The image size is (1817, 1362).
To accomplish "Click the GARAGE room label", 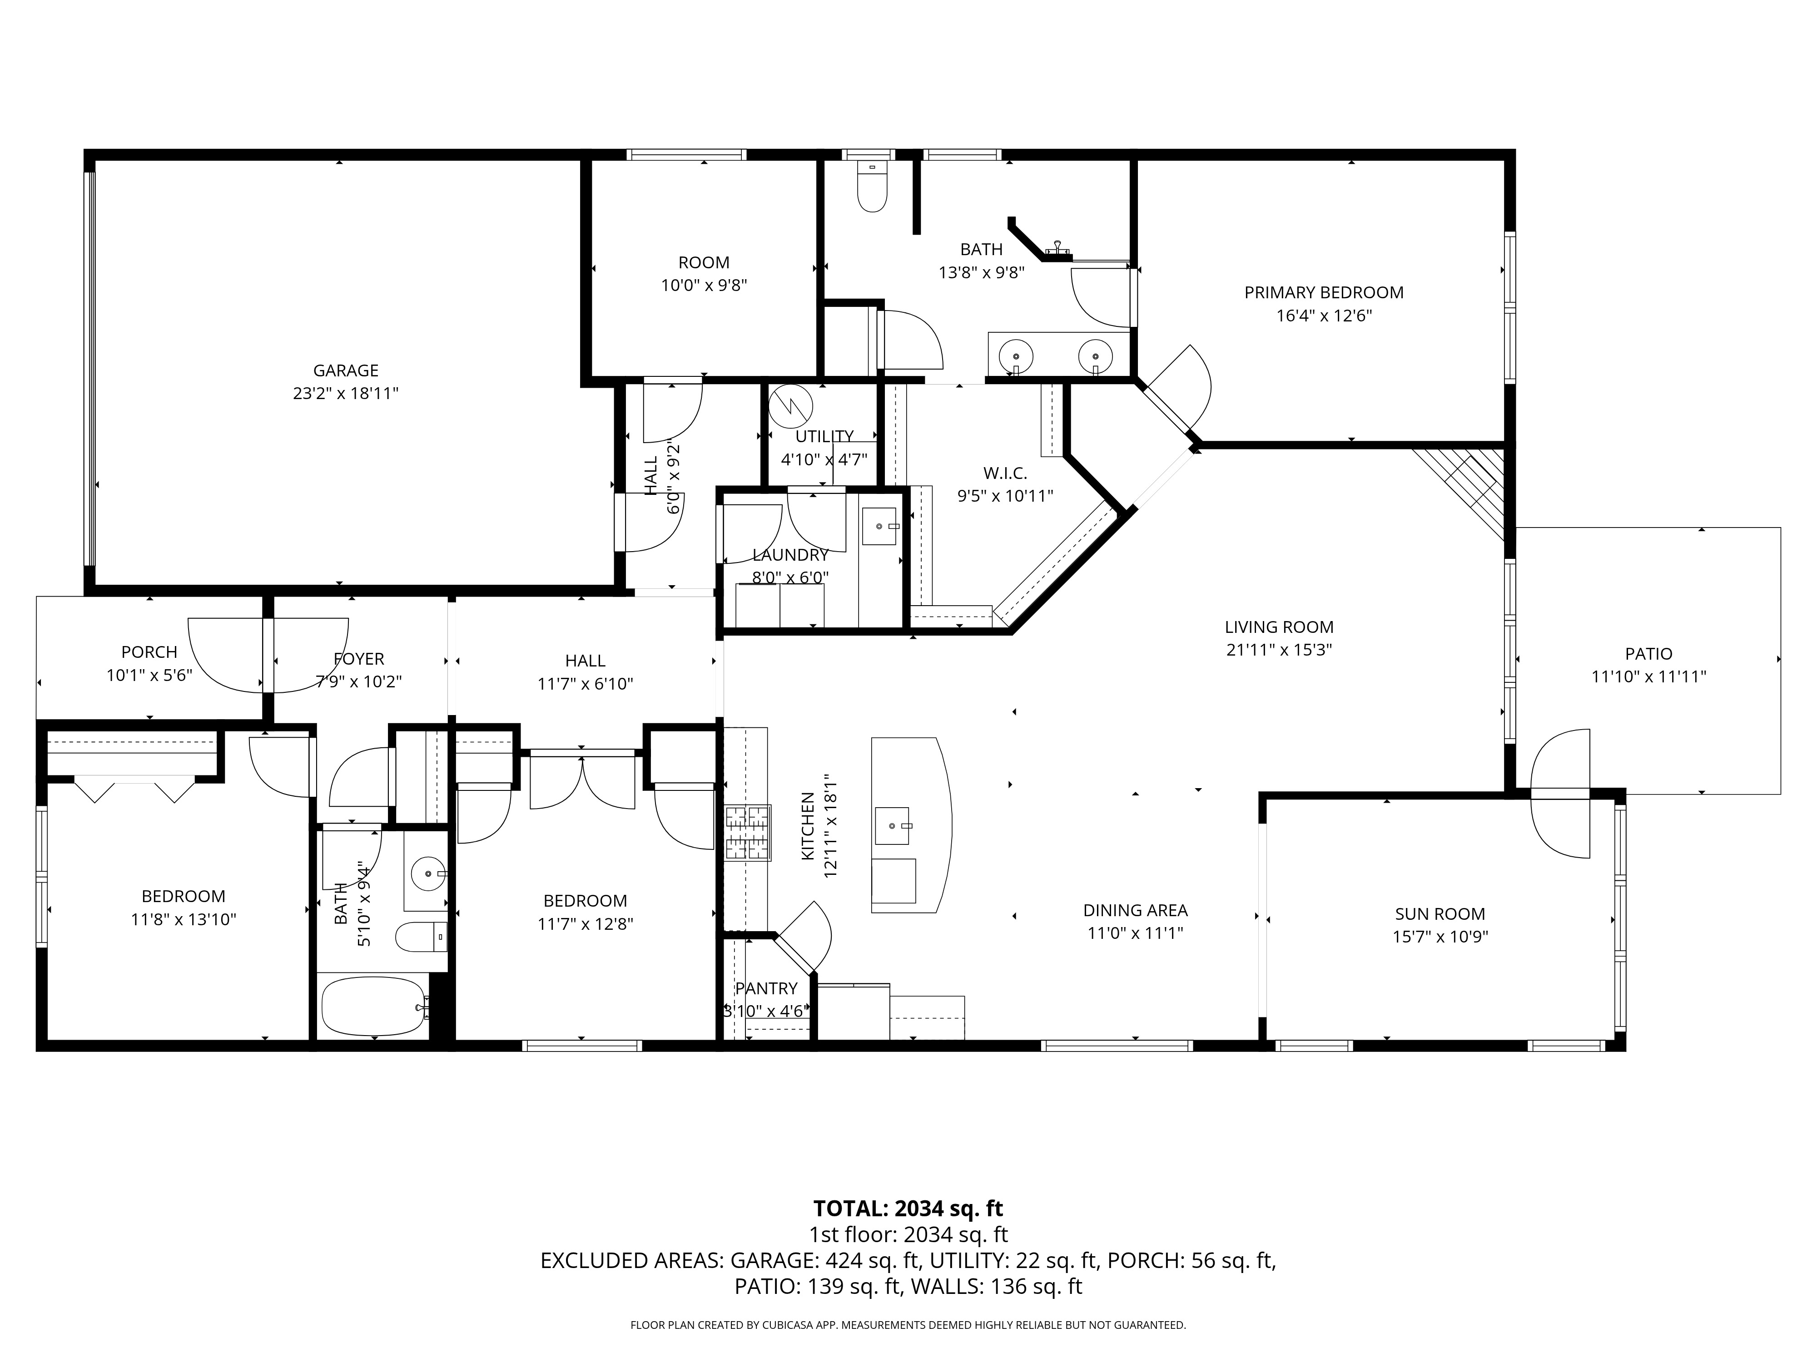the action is click(346, 370).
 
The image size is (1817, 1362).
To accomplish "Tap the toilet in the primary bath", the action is click(872, 186).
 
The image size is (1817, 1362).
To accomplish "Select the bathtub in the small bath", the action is click(375, 1007).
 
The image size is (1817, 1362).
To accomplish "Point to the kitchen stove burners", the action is click(748, 833).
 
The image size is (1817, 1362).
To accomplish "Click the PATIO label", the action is click(1648, 653).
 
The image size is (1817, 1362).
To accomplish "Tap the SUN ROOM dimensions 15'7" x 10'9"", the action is click(1440, 937).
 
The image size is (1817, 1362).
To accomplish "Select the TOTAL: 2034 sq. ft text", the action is click(908, 1209).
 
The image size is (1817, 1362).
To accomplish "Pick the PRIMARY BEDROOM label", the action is click(1324, 292).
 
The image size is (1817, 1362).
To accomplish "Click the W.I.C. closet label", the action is click(1005, 473).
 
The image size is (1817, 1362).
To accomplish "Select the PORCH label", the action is click(149, 652).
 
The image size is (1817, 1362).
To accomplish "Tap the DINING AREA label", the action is click(1135, 910).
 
